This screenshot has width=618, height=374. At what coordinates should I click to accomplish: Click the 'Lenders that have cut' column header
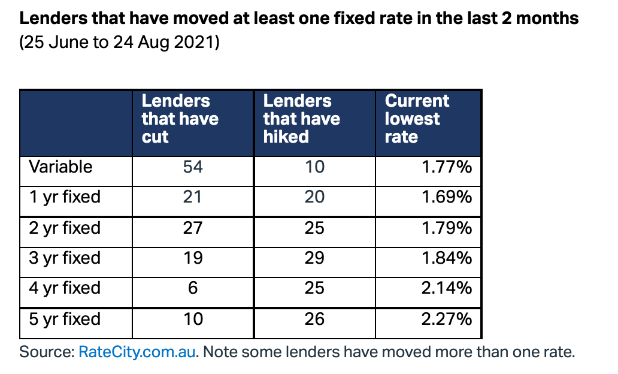(x=180, y=119)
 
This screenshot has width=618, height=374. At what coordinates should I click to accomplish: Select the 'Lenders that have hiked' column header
(x=301, y=119)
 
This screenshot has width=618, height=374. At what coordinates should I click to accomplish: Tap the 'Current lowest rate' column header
(x=417, y=119)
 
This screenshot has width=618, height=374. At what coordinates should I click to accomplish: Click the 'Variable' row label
(x=60, y=167)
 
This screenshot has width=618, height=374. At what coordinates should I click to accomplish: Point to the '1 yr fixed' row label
(x=65, y=197)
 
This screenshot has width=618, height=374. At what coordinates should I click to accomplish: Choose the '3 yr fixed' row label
(x=65, y=258)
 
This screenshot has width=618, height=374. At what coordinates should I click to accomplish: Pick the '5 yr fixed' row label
(x=65, y=319)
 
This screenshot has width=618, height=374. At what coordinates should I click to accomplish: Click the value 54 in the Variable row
(x=193, y=167)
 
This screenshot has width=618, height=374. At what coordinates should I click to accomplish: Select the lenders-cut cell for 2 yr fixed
(x=193, y=228)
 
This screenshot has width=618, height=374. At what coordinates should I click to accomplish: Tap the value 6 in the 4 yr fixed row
(x=193, y=288)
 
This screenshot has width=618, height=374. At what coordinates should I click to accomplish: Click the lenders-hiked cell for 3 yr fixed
(x=314, y=258)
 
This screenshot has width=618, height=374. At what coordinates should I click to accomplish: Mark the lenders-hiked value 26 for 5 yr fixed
(x=314, y=319)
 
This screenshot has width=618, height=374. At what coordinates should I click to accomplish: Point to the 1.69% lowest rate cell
(x=447, y=197)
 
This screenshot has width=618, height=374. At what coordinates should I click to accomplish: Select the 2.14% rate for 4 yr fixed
(x=447, y=288)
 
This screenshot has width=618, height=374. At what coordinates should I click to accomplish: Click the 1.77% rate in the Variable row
(x=447, y=167)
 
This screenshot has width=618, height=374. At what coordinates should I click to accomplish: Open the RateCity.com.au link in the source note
(x=137, y=352)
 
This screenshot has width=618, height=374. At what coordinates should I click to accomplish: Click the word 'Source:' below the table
(x=47, y=352)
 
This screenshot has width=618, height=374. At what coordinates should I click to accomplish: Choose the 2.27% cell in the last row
(x=447, y=319)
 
